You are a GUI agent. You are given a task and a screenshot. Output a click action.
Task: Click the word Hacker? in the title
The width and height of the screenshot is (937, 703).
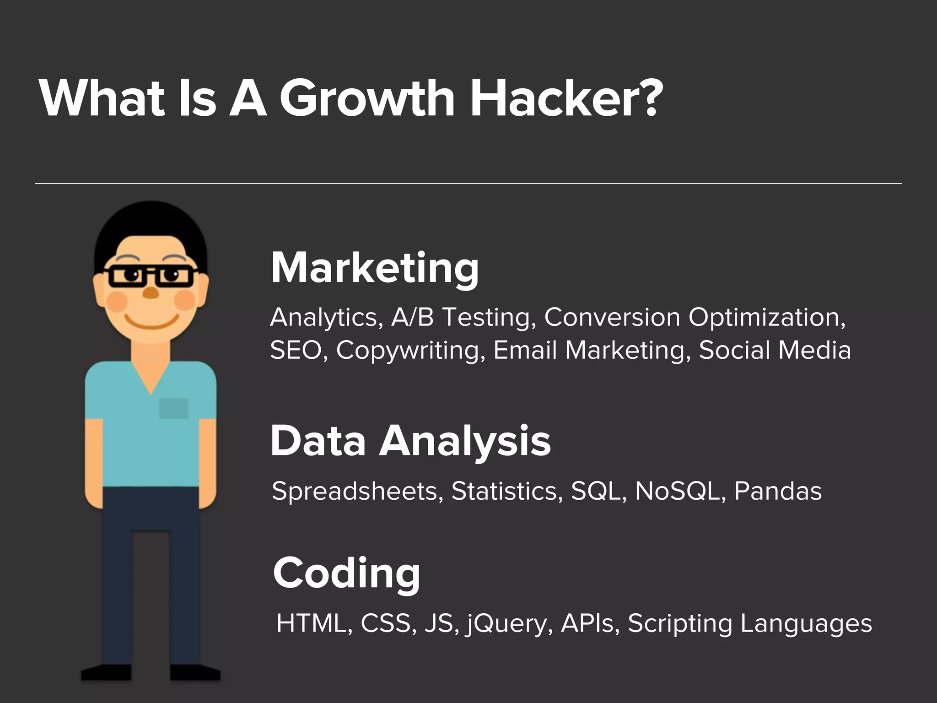(566, 98)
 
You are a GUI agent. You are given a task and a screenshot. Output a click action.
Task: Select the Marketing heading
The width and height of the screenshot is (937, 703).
(375, 269)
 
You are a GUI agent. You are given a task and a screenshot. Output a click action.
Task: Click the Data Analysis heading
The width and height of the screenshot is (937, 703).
(410, 441)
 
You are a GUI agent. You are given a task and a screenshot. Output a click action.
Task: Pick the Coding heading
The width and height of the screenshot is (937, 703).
(346, 573)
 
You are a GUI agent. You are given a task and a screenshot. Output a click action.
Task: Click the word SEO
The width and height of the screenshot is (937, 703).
(296, 350)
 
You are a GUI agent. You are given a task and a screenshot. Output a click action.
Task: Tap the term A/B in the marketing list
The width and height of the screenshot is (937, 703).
(412, 317)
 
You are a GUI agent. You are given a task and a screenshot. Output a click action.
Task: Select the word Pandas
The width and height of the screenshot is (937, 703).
(778, 491)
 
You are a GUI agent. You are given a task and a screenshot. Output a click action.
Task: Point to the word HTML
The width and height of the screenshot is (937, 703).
(311, 623)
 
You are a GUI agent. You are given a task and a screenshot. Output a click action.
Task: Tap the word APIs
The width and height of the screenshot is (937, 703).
(587, 623)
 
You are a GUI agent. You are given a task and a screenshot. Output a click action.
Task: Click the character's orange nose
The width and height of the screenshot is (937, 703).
(151, 293)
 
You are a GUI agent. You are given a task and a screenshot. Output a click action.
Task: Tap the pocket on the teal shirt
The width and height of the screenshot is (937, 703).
(174, 408)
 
